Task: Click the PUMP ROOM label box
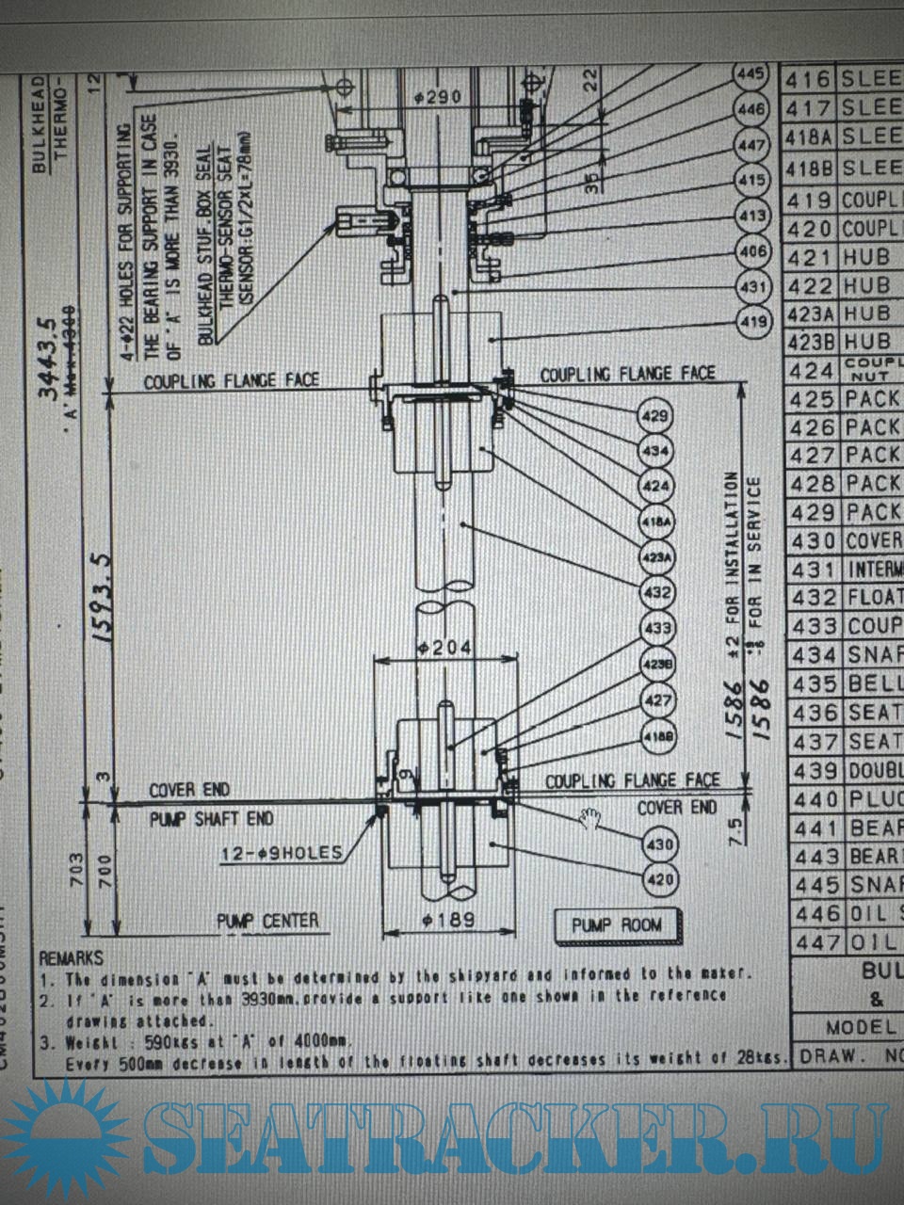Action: pos(617,925)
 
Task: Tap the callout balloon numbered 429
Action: pos(656,416)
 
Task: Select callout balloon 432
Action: pos(656,592)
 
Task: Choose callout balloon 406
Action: pos(753,251)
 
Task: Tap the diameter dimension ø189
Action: pos(448,920)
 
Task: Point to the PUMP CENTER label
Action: pos(268,921)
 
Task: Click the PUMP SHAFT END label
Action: pos(211,819)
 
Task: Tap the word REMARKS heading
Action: pos(71,958)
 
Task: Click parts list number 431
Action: pos(810,570)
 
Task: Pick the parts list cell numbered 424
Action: pos(810,370)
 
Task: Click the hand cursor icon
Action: pos(592,817)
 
